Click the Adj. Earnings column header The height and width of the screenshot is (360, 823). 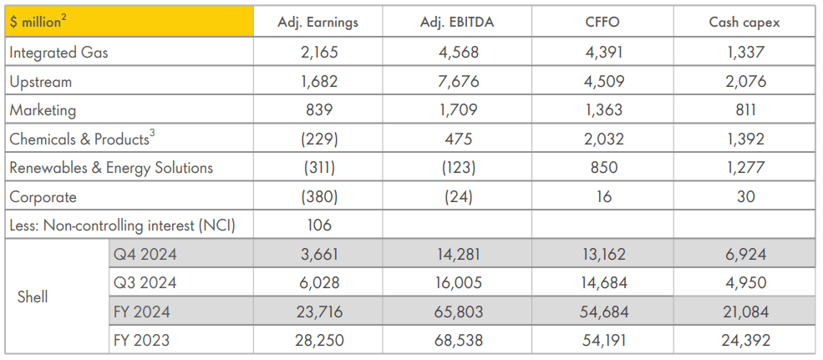pos(318,23)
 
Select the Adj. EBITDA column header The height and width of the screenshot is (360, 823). pos(457,23)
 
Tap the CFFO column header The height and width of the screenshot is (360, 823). pos(604,23)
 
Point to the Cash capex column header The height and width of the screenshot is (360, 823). pos(744,23)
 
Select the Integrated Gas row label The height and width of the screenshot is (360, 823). pos(58,53)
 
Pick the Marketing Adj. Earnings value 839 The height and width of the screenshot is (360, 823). pos(318,110)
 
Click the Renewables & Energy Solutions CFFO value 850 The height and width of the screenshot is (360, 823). pos(604,168)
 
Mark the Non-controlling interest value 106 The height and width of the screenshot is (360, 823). pos(318,226)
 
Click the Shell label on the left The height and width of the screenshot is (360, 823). pos(33,297)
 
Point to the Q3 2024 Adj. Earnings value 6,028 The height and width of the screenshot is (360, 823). pos(318,283)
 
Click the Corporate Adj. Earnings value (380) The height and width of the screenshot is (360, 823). pos(318,197)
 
